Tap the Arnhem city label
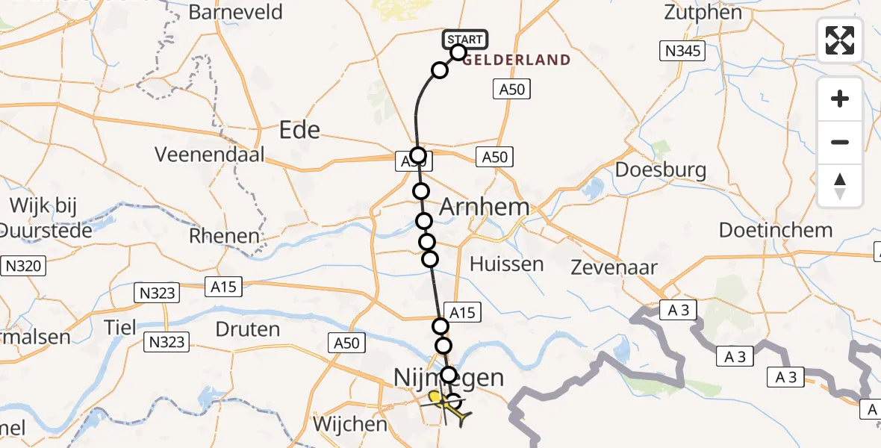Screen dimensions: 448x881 tap(484, 207)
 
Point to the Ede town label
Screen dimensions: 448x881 tap(299, 131)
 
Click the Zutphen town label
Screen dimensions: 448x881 tap(706, 13)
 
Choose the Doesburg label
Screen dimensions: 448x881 tap(661, 170)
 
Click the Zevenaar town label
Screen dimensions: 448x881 tap(614, 267)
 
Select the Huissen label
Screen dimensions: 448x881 tap(507, 264)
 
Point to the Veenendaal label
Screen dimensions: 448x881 tap(209, 155)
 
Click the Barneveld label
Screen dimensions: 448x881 tap(236, 13)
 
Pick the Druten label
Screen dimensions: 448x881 tap(247, 329)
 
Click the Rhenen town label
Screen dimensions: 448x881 tap(225, 237)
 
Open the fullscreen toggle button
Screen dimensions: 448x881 tap(840, 39)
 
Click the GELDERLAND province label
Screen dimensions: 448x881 tap(516, 60)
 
